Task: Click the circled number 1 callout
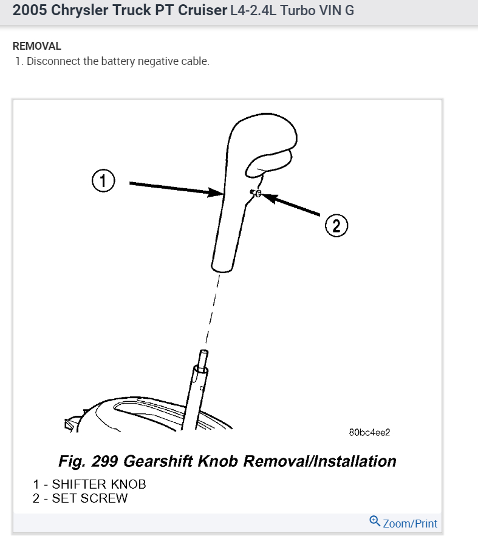(x=103, y=181)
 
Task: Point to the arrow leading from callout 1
(x=176, y=188)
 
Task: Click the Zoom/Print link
(x=409, y=523)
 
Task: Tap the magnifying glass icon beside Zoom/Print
(x=375, y=521)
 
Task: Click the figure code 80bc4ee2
(x=369, y=433)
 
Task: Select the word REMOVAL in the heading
(x=37, y=46)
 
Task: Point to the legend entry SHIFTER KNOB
(x=99, y=484)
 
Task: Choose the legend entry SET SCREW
(x=90, y=498)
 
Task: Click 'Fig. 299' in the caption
(x=89, y=461)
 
